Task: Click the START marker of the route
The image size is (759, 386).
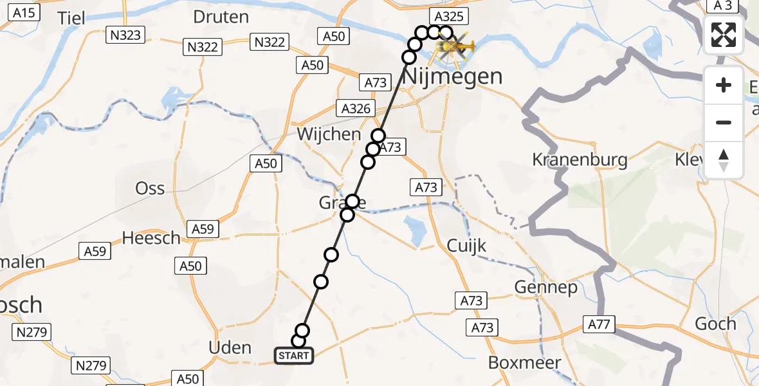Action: tap(294, 356)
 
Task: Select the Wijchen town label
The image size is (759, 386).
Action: tap(329, 134)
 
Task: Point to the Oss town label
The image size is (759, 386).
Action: tap(149, 188)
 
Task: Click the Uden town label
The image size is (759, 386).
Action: tap(230, 348)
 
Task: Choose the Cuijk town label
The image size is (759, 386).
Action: tap(467, 245)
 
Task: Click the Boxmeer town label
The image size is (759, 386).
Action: tap(522, 362)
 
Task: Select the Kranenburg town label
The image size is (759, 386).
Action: tap(580, 159)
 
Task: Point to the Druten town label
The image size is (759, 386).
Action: tap(221, 17)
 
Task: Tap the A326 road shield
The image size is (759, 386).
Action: tap(356, 109)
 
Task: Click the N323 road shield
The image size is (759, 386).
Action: tap(125, 35)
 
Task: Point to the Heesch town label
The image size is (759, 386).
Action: tap(151, 238)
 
